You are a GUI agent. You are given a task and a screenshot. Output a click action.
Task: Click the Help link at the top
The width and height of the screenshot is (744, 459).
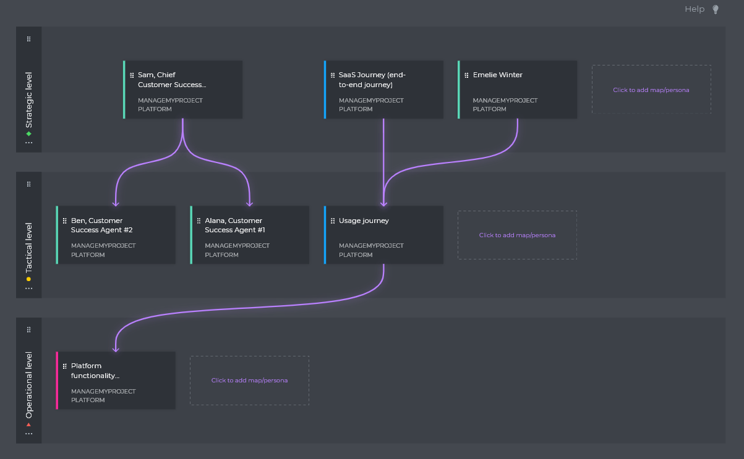pyautogui.click(x=694, y=9)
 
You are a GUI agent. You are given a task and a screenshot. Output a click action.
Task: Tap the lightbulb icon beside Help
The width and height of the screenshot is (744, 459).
pyautogui.click(x=716, y=9)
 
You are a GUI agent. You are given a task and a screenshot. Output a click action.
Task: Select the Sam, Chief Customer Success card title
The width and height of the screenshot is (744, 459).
pyautogui.click(x=171, y=80)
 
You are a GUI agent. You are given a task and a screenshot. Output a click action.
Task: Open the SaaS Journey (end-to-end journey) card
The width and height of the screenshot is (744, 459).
pyautogui.click(x=383, y=90)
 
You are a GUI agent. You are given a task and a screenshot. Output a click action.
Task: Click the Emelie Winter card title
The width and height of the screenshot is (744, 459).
pyautogui.click(x=497, y=75)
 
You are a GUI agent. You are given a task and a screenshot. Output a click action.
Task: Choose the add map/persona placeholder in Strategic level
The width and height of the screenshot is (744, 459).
pyautogui.click(x=651, y=90)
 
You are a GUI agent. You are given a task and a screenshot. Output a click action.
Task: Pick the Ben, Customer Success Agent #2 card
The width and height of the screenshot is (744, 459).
pyautogui.click(x=116, y=235)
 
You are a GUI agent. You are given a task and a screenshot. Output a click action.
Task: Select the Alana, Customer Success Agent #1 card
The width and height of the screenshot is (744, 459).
pyautogui.click(x=250, y=235)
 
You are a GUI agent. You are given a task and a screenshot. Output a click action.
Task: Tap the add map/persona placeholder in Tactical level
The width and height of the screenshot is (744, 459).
pyautogui.click(x=517, y=235)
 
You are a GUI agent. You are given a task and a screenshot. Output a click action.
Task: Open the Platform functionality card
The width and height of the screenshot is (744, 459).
pyautogui.click(x=116, y=380)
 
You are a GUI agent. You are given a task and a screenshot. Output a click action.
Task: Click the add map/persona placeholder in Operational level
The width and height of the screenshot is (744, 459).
pyautogui.click(x=249, y=380)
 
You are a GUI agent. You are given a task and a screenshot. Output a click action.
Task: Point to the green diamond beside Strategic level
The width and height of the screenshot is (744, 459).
pyautogui.click(x=28, y=133)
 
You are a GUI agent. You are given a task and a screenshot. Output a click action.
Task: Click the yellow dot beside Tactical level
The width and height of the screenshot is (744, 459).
pyautogui.click(x=28, y=279)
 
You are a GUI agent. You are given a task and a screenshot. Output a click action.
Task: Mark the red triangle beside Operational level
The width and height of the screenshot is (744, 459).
pyautogui.click(x=28, y=424)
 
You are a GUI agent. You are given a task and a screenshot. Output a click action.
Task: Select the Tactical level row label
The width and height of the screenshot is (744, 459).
pyautogui.click(x=28, y=247)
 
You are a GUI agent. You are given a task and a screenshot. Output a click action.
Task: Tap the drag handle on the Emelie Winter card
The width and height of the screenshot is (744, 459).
pyautogui.click(x=466, y=75)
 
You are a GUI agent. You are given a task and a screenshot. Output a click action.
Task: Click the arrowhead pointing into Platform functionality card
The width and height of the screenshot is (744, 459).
pyautogui.click(x=116, y=348)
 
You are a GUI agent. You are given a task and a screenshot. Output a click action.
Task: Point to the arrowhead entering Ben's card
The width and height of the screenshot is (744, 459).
pyautogui.click(x=116, y=203)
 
